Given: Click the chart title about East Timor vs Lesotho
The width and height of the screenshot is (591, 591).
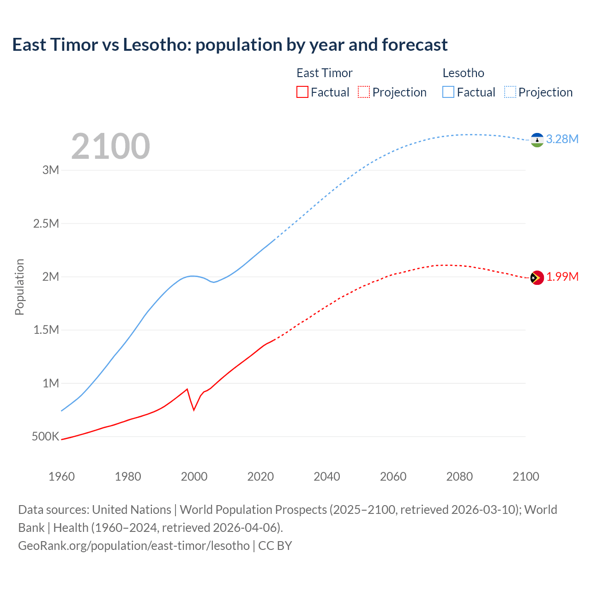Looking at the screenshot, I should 229,45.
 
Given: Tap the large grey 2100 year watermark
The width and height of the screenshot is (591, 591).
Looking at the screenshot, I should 110,146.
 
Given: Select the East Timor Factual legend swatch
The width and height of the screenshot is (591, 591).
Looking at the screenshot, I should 302,92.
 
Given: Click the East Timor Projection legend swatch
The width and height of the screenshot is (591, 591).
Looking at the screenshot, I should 364,92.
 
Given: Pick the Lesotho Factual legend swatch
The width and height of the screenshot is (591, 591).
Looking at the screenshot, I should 448,92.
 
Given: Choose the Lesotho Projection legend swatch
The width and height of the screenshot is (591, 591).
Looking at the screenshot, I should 510,92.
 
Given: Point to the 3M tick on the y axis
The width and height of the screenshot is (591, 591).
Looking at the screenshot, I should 51,170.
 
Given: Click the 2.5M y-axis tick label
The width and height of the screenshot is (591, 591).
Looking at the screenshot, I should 46,223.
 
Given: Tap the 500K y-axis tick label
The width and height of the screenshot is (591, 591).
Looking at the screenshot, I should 45,436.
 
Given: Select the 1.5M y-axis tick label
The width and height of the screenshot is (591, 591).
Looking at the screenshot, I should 46,330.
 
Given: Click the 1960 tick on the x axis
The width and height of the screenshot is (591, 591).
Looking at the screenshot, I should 61,476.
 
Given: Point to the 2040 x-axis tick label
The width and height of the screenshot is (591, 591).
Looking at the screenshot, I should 327,476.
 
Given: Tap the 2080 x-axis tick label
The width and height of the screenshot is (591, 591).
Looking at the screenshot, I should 459,476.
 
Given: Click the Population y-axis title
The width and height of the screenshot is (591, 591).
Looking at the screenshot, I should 19,287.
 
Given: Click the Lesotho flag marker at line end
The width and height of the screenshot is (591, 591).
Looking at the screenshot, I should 537,140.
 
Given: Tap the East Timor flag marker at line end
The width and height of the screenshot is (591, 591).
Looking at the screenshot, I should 537,277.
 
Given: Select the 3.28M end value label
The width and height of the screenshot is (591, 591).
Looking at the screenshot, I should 562,139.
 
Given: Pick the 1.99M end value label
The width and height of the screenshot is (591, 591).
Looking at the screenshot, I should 562,277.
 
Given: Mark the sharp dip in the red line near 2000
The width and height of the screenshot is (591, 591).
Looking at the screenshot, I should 194,410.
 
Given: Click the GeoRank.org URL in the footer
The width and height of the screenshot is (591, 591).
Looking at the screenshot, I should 134,545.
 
